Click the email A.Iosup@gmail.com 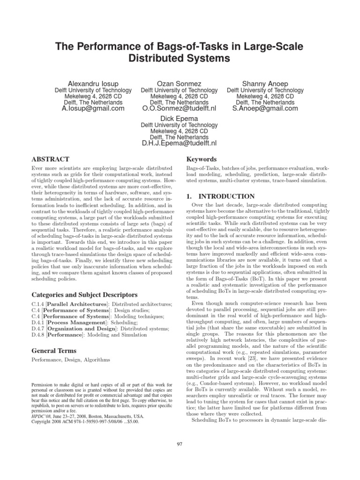(93, 108)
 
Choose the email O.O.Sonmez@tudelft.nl (179, 108)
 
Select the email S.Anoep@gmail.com (265, 108)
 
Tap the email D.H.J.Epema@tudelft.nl (179, 143)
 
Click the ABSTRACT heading (50, 159)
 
